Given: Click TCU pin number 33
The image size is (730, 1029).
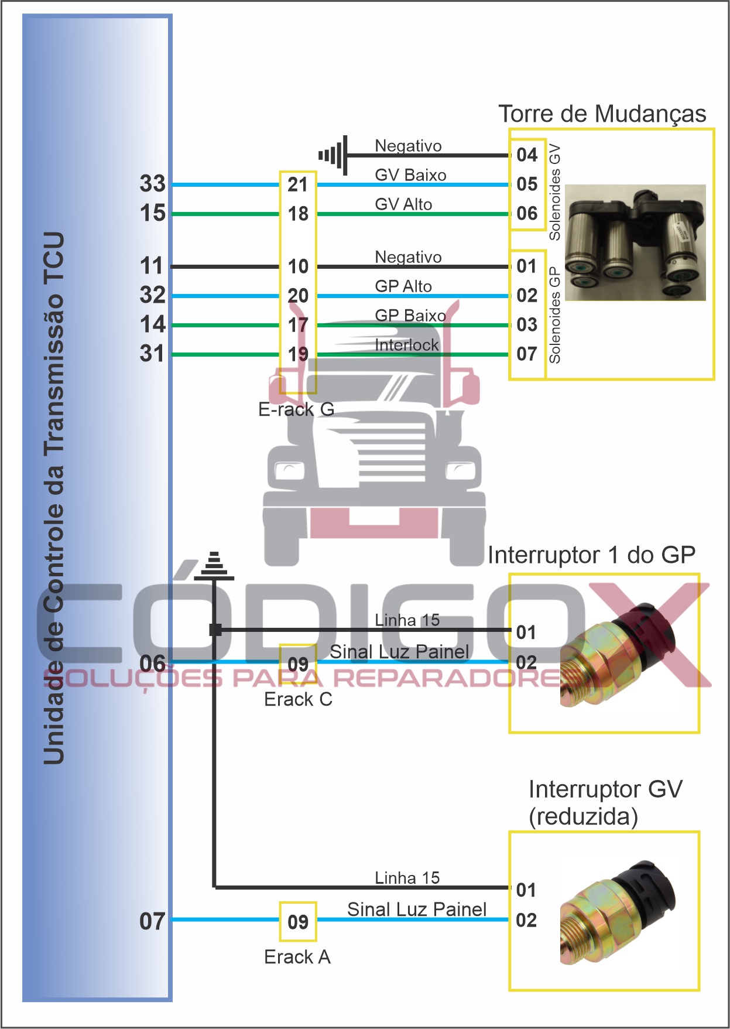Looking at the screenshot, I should coord(153,184).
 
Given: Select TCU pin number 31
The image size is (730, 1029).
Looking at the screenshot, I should coord(152,354).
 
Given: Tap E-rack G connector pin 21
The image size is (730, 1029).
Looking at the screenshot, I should coord(298,184).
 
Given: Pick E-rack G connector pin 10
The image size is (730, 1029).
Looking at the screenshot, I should coord(298,266).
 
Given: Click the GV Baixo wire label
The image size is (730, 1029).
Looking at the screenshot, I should coord(410,175).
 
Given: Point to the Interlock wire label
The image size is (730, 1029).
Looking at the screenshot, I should coord(406,345).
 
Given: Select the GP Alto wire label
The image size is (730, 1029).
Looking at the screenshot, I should coord(403,286).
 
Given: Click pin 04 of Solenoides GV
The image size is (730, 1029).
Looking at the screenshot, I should coord(527,155).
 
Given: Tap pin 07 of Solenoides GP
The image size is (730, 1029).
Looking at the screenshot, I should coord(527,354).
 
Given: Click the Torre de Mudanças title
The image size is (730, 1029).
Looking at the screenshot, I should coord(602,114).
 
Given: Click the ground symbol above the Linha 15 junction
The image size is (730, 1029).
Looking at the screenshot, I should coord(214,566).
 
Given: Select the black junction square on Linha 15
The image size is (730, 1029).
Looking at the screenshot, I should coord(215,630).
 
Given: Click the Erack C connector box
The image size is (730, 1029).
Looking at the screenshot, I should coord(298,664).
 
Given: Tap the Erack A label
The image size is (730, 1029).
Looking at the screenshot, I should coord(297,957).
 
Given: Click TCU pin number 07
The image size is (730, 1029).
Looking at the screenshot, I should coord(152,921).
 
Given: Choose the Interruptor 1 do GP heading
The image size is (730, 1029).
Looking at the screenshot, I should coord(591,555).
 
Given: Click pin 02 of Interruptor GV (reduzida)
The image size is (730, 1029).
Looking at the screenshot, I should coord(526,920).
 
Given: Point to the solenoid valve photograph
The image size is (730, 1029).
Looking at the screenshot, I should coord(635,243).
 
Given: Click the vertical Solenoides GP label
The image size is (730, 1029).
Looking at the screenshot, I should coord(554,314).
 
